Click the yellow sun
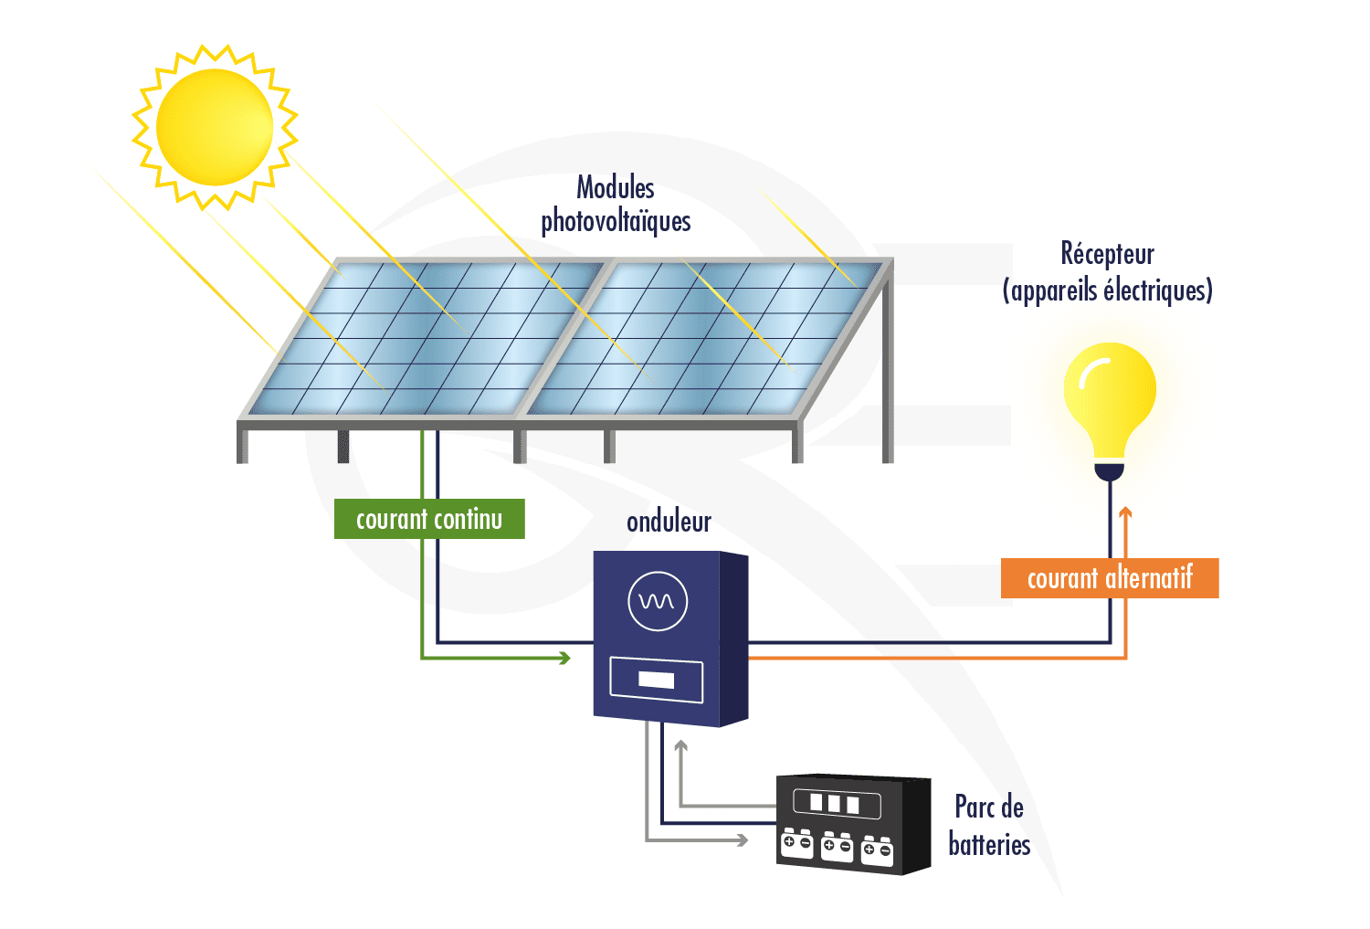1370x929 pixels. click(215, 127)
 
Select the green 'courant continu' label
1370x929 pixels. click(429, 519)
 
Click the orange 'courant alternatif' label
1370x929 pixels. click(1110, 578)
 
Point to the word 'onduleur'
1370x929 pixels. click(669, 522)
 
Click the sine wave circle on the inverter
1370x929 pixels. click(658, 601)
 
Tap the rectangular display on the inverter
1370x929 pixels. click(656, 680)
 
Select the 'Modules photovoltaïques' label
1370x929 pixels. click(616, 205)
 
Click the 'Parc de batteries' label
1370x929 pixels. click(989, 826)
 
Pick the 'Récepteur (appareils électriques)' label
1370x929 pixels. click(1107, 272)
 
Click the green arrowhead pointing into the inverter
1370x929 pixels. click(564, 658)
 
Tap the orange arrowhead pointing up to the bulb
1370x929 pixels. click(1125, 513)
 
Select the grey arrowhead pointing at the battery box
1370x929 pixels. click(743, 839)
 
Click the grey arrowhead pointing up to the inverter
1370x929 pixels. click(680, 746)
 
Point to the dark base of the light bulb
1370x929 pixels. click(1110, 471)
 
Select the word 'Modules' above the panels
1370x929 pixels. click(616, 188)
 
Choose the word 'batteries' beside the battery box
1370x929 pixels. click(989, 844)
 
